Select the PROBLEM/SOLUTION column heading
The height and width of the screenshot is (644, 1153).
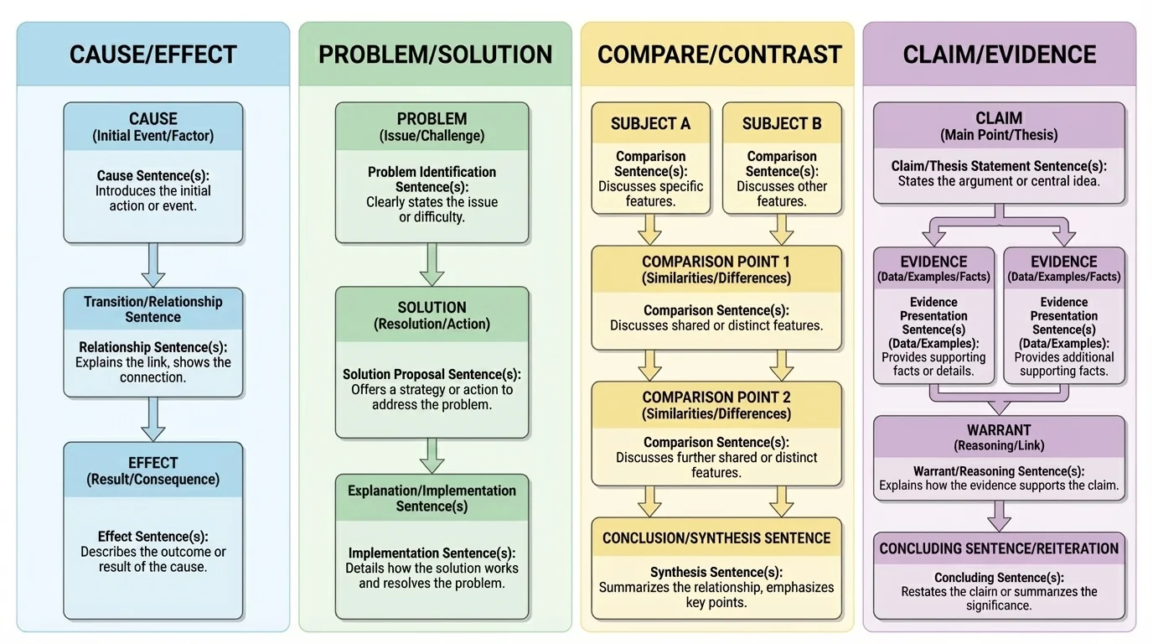435,55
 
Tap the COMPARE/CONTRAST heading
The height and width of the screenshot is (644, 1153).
718,55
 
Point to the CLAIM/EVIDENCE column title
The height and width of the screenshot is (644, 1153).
999,55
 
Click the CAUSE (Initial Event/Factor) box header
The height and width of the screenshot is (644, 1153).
153,127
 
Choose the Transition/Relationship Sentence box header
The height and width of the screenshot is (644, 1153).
153,309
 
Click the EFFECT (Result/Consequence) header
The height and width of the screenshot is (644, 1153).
153,470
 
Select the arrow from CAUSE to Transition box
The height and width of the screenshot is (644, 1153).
153,265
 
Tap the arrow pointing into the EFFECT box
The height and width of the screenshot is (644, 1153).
153,419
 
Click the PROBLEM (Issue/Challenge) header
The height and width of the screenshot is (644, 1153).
432,127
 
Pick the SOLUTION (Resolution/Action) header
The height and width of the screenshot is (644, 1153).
432,315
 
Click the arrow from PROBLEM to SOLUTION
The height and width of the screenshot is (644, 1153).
432,264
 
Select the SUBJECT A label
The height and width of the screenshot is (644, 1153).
650,124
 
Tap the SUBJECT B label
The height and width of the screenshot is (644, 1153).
781,124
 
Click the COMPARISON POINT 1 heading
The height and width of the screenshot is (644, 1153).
716,269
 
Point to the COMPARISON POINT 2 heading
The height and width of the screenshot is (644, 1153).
716,405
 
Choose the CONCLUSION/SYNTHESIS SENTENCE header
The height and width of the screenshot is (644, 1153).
716,538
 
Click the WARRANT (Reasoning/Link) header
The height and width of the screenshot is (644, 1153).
999,438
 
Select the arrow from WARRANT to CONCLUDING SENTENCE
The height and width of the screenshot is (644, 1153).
999,516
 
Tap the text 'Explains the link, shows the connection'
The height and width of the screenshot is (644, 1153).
153,370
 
